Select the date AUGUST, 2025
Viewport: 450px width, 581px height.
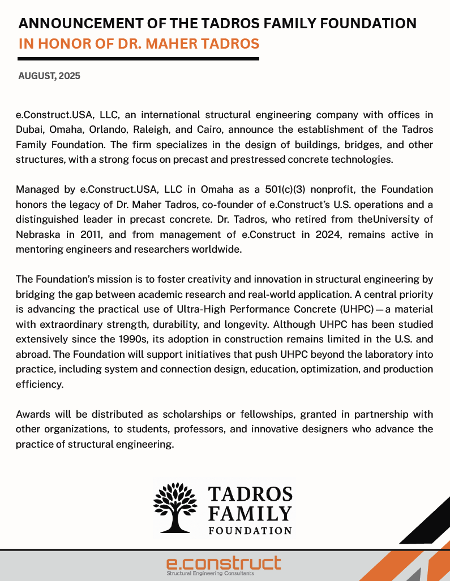(x=49, y=76)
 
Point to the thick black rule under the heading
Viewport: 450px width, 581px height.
(x=138, y=59)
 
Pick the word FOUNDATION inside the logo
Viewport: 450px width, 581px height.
(x=250, y=530)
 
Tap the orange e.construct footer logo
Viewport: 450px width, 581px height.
(x=224, y=562)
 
